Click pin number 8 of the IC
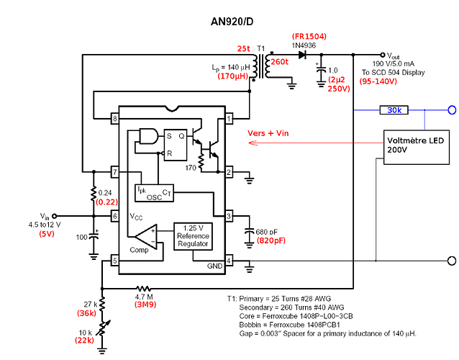pyautogui.click(x=114, y=118)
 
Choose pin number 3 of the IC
pyautogui.click(x=229, y=215)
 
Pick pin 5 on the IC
pyautogui.click(x=114, y=261)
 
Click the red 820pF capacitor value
pyautogui.click(x=271, y=241)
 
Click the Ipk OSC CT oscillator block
pyautogui.click(x=154, y=192)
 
